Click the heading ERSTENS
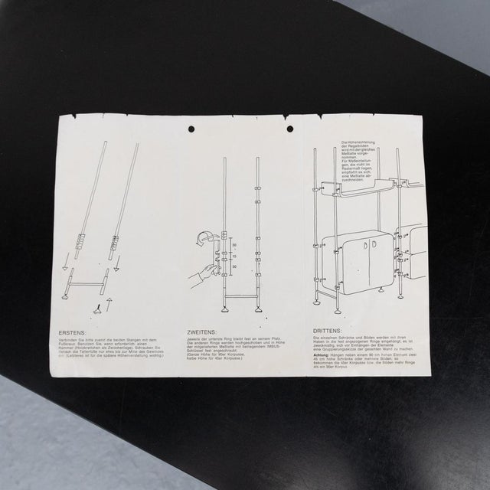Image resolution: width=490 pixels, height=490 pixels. point(75,334)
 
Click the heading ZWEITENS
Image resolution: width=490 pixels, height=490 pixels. point(201,334)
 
